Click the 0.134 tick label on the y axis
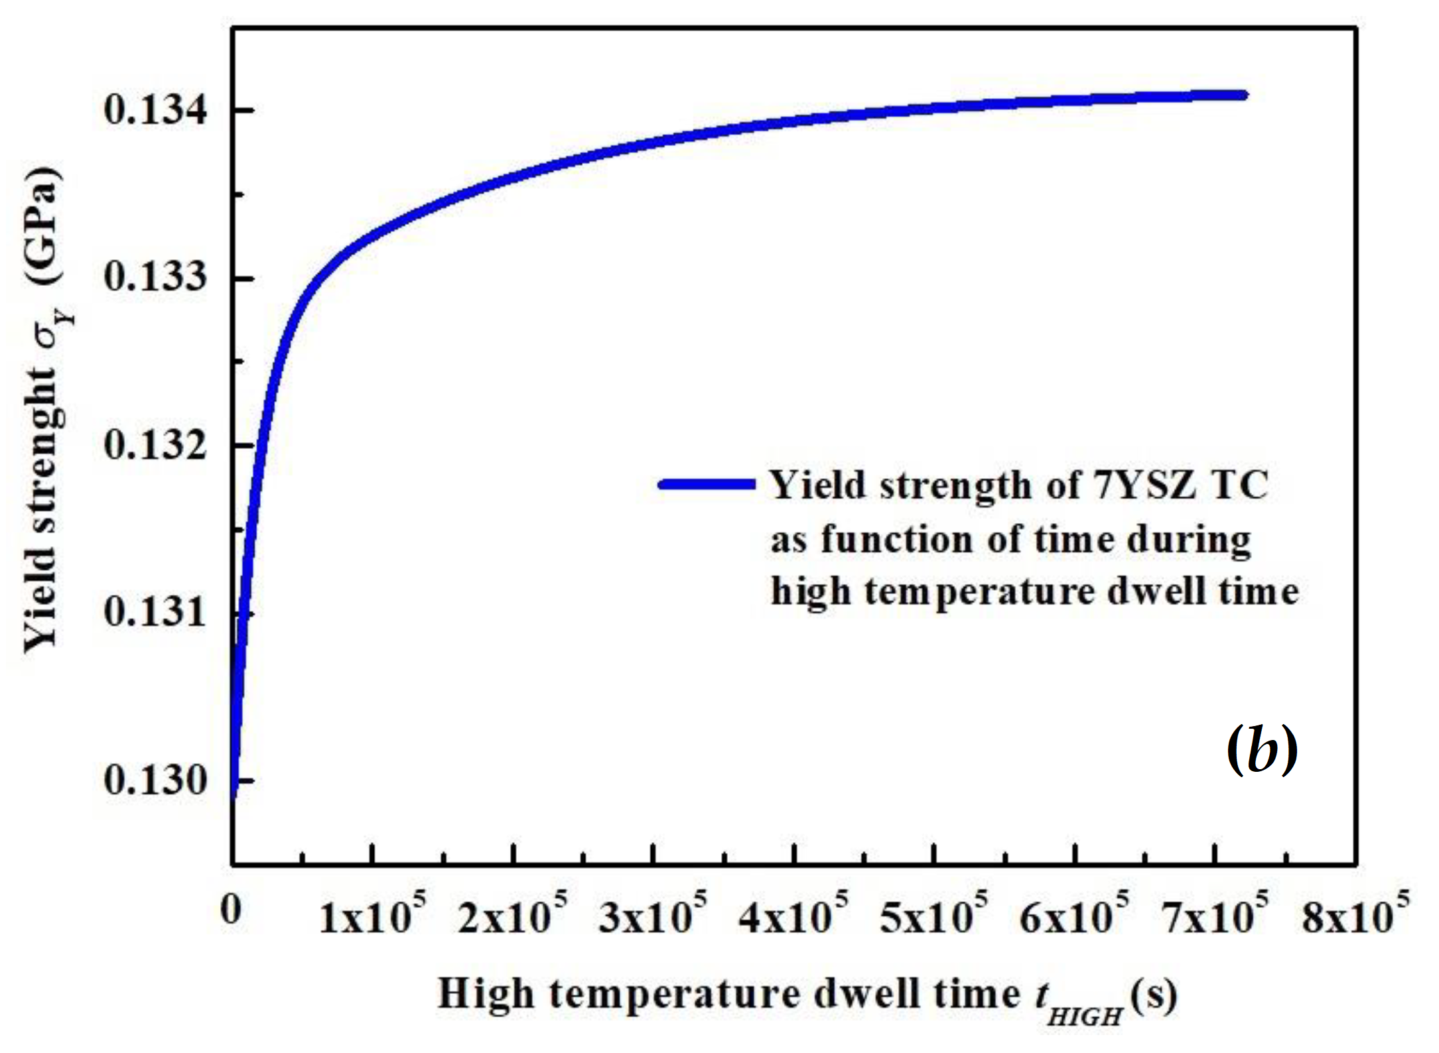tap(154, 111)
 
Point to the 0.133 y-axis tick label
tap(154, 278)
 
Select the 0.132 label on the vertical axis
tap(154, 445)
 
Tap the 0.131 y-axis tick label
tap(154, 613)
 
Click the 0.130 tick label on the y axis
tap(154, 780)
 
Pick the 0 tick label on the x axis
tap(230, 912)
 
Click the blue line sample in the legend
tap(707, 484)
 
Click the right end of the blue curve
tap(1245, 95)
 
